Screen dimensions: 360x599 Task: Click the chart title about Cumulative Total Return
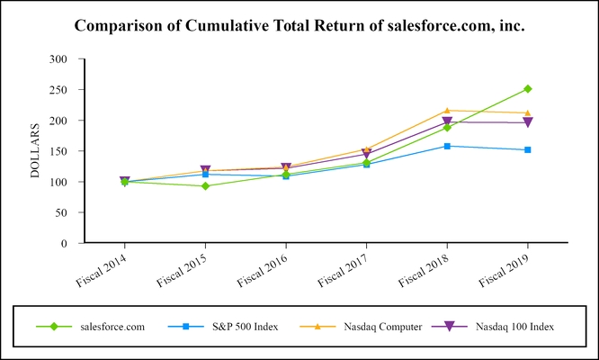299,25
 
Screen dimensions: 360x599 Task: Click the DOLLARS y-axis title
37,150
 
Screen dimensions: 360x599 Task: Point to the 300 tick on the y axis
58,59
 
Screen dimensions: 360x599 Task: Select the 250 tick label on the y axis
58,90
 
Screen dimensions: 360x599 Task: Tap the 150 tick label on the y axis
58,151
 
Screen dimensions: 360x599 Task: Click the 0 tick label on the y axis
64,243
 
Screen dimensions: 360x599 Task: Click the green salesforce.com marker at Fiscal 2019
528,89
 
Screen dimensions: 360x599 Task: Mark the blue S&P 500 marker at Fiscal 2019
528,149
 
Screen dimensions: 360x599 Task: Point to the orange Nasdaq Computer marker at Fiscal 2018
447,111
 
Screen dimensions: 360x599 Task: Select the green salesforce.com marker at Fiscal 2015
205,186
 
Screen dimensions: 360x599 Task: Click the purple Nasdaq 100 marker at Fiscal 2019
528,122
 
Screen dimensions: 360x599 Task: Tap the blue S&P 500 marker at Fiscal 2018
447,146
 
